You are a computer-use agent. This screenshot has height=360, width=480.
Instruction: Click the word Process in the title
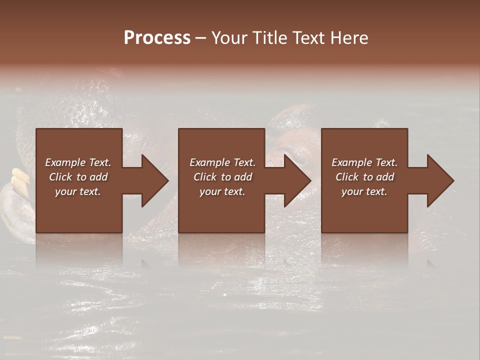(157, 38)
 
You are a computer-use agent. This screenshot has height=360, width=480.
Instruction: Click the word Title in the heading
(268, 38)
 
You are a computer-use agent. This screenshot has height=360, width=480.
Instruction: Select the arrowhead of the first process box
(153, 180)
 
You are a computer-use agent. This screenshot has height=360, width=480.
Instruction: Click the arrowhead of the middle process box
(295, 180)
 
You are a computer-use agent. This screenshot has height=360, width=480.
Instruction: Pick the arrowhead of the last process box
(438, 180)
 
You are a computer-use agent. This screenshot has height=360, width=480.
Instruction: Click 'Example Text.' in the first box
(78, 162)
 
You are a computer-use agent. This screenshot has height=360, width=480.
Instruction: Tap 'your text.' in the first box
(78, 191)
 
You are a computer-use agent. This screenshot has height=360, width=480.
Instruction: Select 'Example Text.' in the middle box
(222, 162)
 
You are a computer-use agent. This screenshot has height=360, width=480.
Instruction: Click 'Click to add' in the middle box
(222, 177)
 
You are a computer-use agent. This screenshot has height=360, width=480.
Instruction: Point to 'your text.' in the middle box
(222, 191)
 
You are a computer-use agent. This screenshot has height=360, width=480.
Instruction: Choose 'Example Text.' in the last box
(364, 162)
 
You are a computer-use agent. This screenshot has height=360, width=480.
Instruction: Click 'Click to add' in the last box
(364, 177)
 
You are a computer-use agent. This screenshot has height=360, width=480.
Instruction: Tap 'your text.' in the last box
(364, 191)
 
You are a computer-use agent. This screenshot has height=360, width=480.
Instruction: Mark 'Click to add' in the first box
(78, 177)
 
